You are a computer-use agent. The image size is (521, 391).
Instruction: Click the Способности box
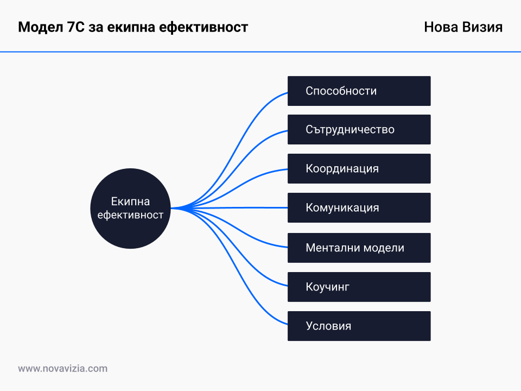point(359,91)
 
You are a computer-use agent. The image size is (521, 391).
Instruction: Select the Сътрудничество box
point(359,129)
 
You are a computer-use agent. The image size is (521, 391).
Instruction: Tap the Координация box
point(359,168)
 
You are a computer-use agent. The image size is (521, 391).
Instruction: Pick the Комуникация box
point(359,207)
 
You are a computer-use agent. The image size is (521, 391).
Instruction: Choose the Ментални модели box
point(359,248)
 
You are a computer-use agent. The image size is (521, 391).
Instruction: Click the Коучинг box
point(359,287)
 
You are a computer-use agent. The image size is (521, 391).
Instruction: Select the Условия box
point(359,326)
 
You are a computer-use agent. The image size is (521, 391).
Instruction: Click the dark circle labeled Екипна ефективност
point(130,209)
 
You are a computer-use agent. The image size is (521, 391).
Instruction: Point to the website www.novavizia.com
point(63,368)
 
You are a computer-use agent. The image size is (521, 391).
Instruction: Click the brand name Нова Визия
point(463,27)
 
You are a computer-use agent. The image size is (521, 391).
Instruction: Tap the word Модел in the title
point(40,27)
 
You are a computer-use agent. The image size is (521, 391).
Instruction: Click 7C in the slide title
point(76,27)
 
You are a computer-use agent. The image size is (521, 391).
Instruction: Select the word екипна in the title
point(131,28)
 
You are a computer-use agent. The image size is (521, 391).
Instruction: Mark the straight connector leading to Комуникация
point(229,208)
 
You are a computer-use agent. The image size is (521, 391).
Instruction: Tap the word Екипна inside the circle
point(130,201)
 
